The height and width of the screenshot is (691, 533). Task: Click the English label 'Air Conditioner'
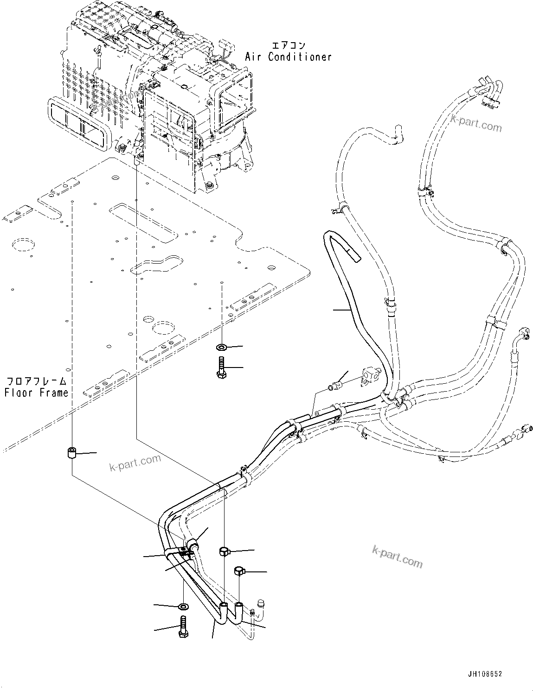(288, 57)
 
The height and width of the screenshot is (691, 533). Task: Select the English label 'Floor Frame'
(36, 393)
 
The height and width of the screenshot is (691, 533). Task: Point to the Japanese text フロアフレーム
(36, 381)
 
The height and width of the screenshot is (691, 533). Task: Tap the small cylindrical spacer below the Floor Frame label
(72, 453)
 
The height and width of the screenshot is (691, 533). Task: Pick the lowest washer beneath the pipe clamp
(183, 606)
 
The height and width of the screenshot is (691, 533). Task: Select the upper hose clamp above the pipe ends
(225, 551)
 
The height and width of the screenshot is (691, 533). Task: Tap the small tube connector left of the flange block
(336, 384)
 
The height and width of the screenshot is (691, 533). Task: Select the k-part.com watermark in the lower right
(397, 556)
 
